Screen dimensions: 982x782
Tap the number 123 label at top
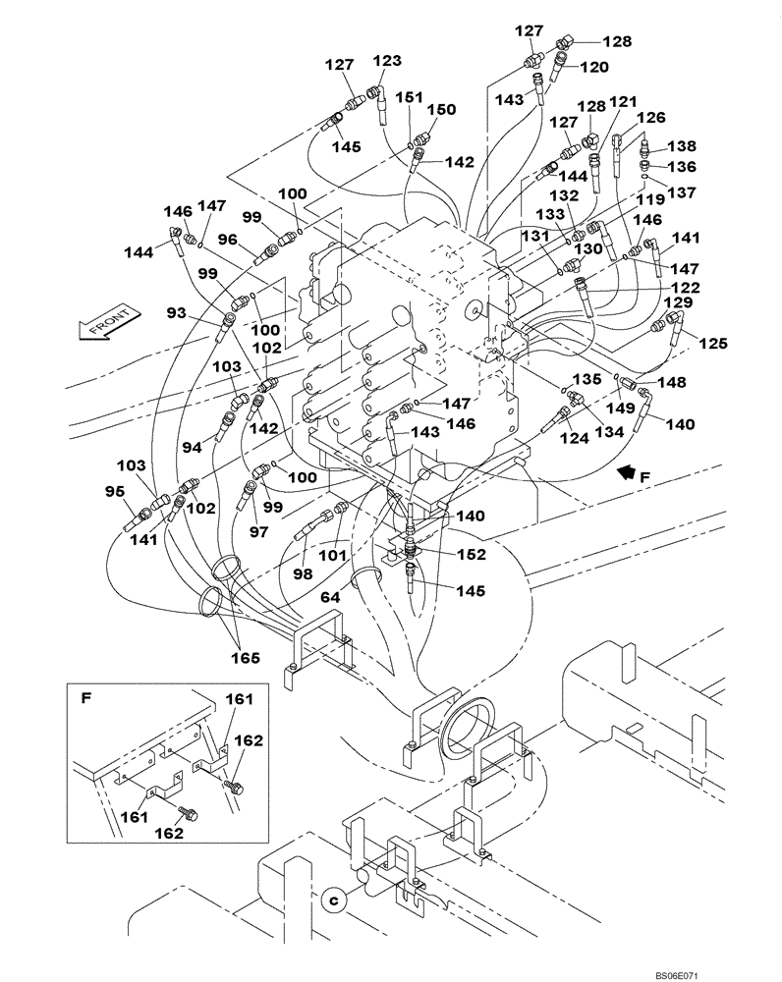[386, 60]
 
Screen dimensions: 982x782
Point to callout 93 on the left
[176, 312]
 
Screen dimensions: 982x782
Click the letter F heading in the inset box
[86, 699]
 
